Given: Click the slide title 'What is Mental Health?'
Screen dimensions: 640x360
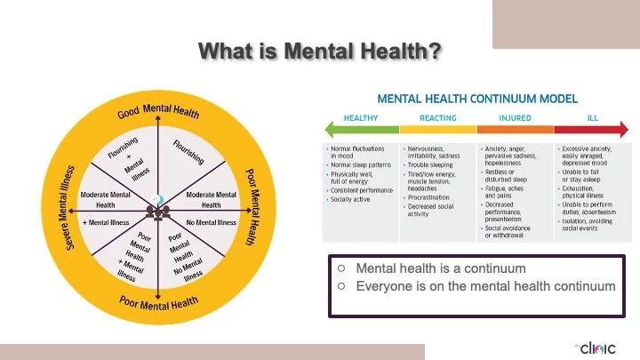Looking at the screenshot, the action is [319, 52].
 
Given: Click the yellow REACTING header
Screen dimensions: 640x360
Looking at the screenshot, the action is [437, 116].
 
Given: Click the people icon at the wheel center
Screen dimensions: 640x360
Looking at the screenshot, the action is [160, 212].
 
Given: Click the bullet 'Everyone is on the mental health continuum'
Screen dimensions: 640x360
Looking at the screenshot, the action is [484, 286].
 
